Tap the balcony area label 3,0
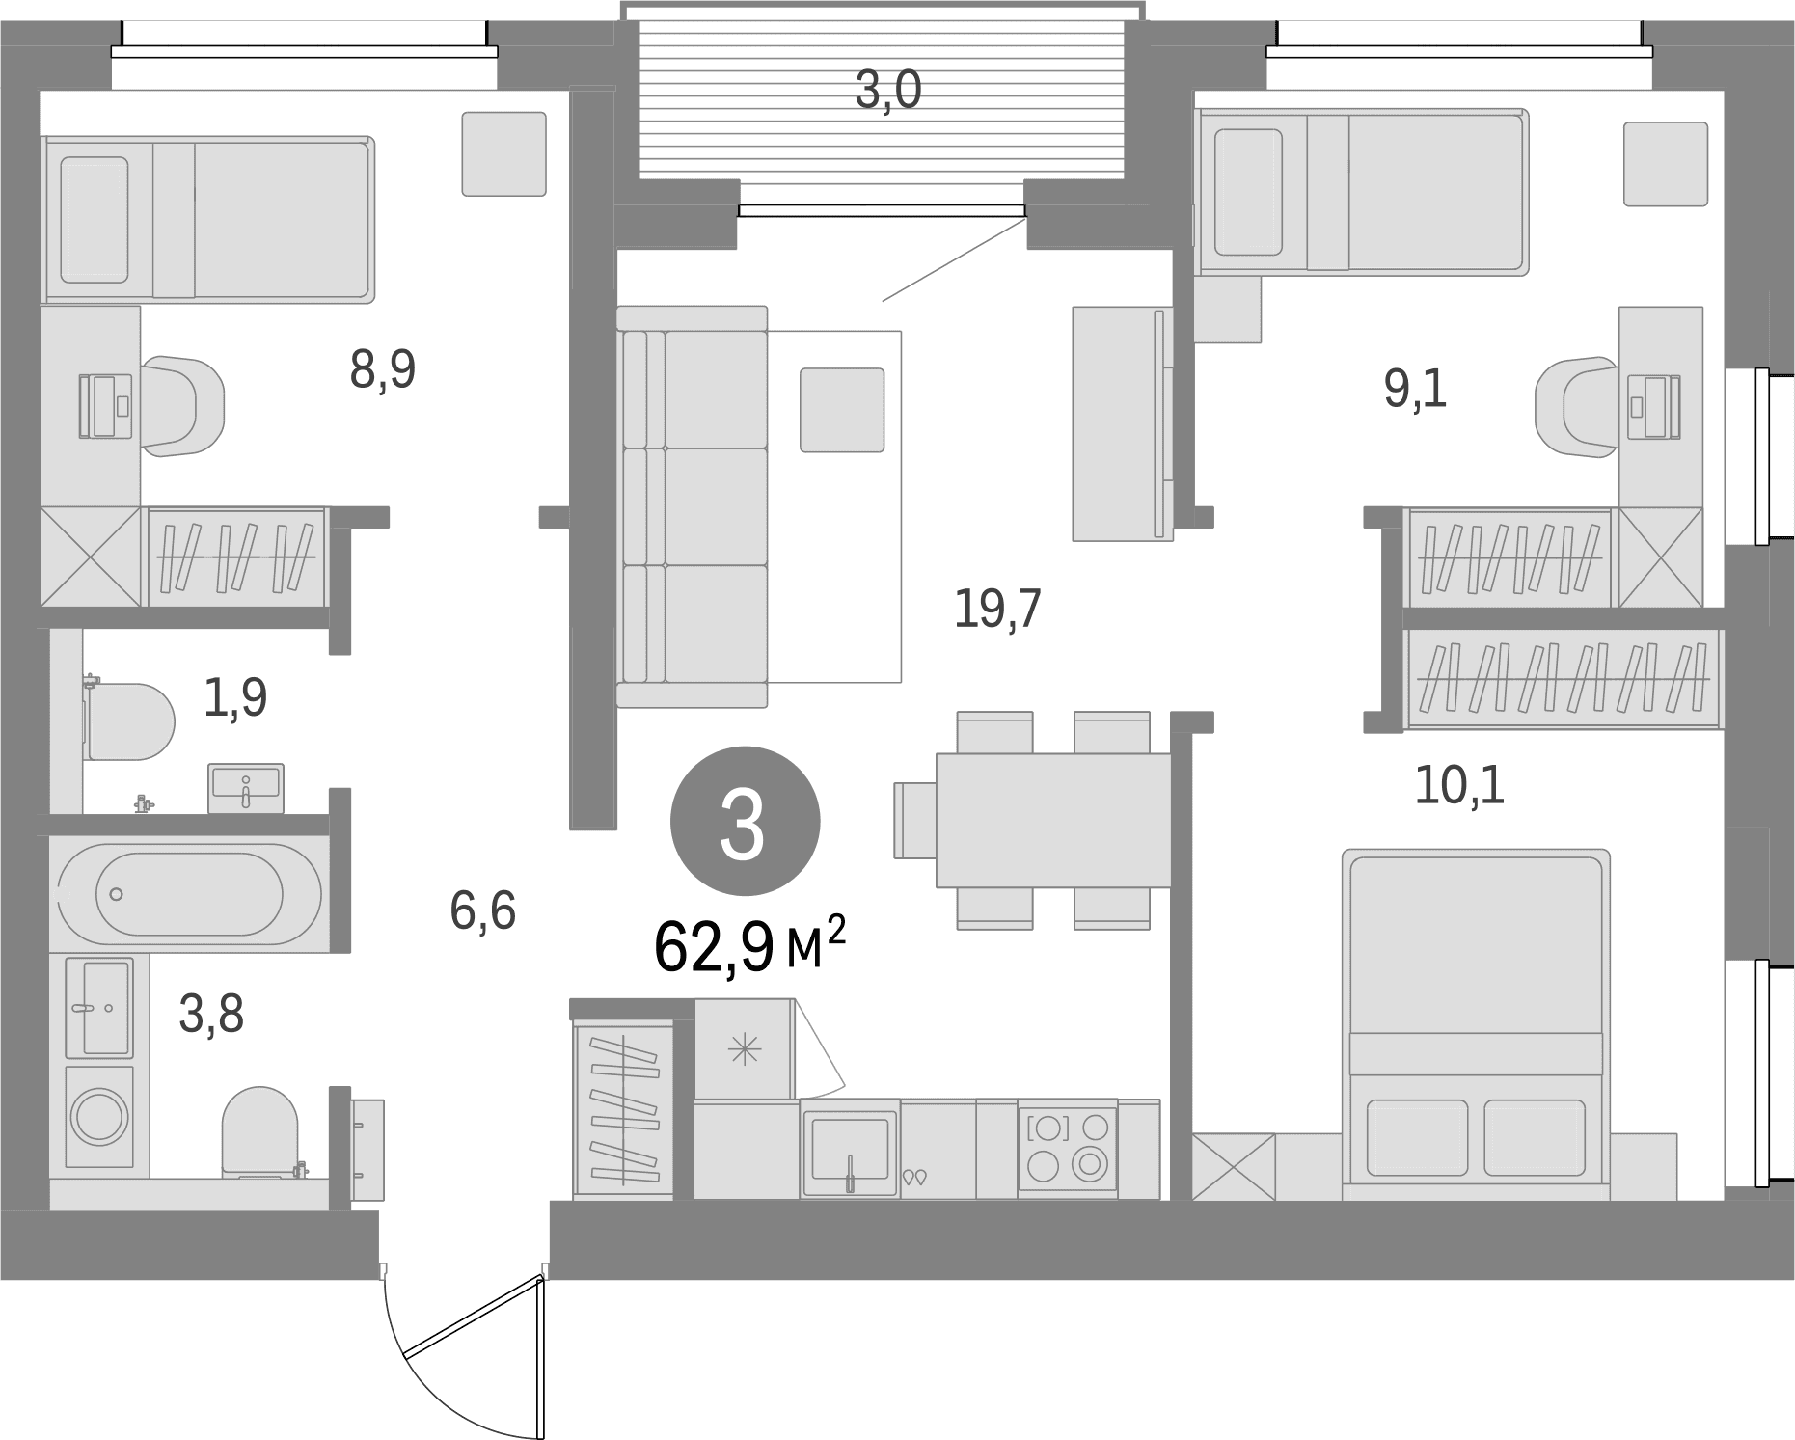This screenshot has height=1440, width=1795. pyautogui.click(x=888, y=92)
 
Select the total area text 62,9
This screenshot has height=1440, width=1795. pyautogui.click(x=714, y=947)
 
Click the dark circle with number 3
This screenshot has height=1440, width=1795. pyautogui.click(x=745, y=823)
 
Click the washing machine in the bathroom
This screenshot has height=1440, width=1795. pyautogui.click(x=100, y=1117)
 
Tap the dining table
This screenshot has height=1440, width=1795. pyautogui.click(x=1053, y=820)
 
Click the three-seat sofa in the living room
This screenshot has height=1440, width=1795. pyautogui.click(x=692, y=506)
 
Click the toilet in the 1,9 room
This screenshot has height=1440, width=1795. pyautogui.click(x=129, y=721)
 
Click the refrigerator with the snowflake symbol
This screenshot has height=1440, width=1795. pyautogui.click(x=744, y=1049)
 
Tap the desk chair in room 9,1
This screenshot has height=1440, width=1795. pyautogui.click(x=1576, y=406)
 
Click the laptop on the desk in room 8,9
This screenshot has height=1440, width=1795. pyautogui.click(x=106, y=406)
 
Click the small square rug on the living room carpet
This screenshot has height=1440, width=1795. pyautogui.click(x=841, y=409)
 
